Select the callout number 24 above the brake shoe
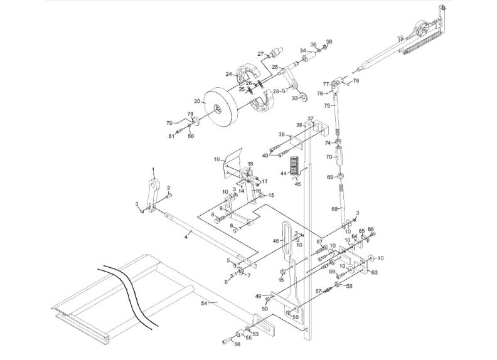coord(230,75)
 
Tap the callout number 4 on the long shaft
coord(186,236)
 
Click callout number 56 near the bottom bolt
coord(237,344)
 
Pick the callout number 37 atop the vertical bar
coord(310,119)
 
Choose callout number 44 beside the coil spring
coord(283,173)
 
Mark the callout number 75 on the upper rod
coord(326,106)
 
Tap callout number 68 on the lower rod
coord(334,208)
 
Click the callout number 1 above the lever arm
coord(152,171)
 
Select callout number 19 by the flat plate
coord(216,160)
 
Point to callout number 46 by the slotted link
coord(275,240)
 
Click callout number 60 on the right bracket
coord(375,273)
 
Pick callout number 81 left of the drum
coord(171,136)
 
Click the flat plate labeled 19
coord(233,158)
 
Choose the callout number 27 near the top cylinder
coord(260,54)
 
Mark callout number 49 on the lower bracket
coord(258,296)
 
